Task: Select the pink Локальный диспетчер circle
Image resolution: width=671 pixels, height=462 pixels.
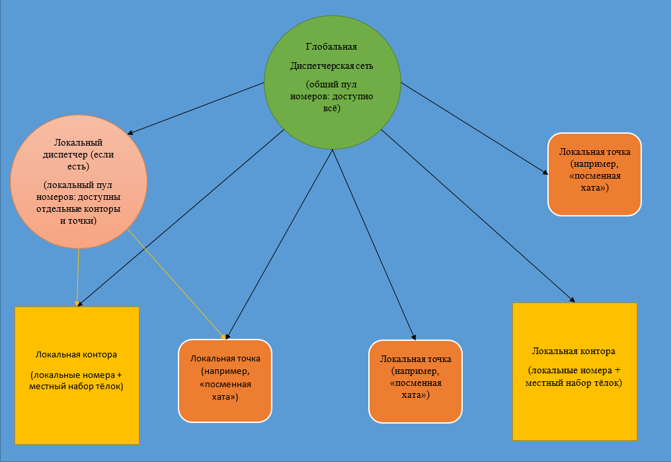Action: [79, 182]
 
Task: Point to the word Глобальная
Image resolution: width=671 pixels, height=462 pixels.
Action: [331, 47]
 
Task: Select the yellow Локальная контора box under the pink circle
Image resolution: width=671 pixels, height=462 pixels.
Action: [77, 375]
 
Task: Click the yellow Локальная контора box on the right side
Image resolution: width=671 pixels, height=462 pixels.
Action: [574, 371]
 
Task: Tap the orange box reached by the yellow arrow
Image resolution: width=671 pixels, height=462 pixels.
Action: [225, 381]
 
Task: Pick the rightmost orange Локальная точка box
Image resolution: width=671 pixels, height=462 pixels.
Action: [594, 174]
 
